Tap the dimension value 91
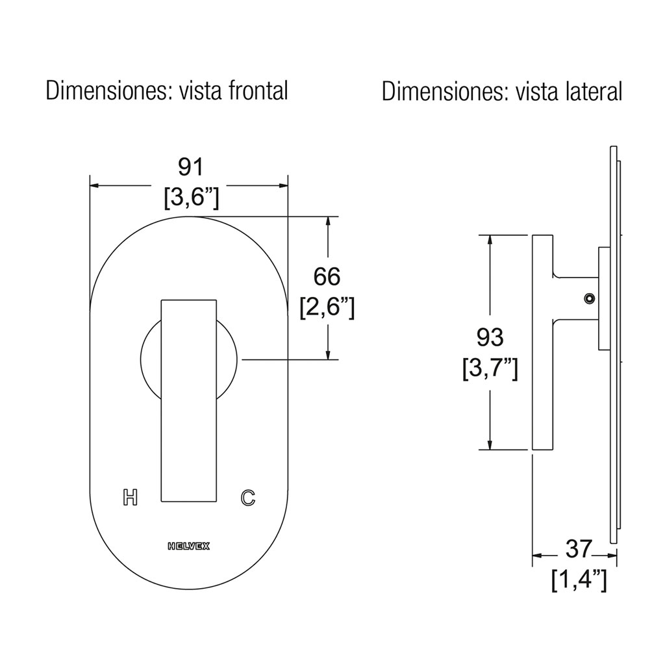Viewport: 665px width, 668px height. (191, 167)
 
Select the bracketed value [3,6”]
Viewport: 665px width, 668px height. (192, 198)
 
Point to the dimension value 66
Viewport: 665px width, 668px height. (327, 276)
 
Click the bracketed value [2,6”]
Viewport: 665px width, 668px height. (327, 307)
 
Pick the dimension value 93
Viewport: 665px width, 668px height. (490, 337)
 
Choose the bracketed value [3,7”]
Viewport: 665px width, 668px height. (490, 369)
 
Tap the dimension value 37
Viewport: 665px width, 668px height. (579, 548)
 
